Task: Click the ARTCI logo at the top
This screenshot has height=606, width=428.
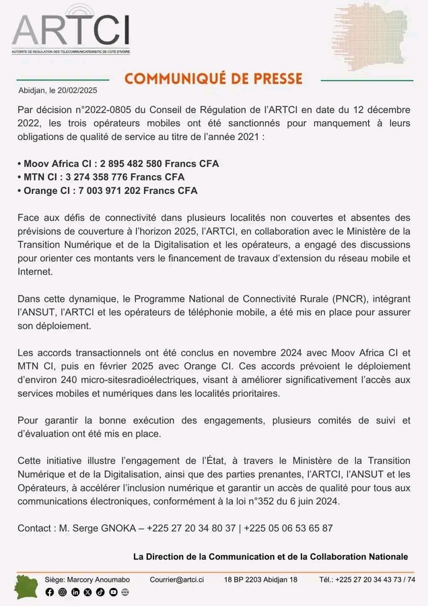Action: tap(71, 30)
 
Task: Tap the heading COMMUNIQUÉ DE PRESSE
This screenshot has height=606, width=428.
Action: tap(213, 79)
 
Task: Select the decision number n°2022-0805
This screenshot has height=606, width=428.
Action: tap(104, 109)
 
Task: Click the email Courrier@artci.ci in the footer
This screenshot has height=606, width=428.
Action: tap(176, 579)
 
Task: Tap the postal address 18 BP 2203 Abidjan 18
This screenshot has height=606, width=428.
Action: tap(260, 579)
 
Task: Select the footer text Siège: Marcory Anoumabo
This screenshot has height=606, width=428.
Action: tap(87, 579)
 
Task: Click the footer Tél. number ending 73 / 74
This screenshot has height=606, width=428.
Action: tap(367, 579)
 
